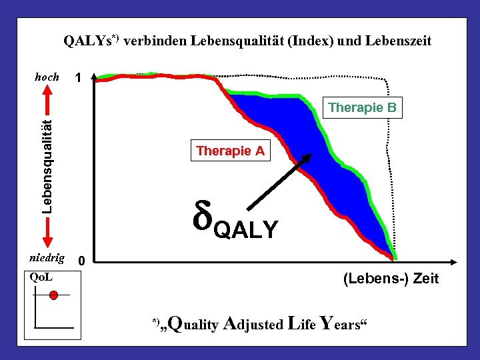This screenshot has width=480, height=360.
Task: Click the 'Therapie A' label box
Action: tap(230, 151)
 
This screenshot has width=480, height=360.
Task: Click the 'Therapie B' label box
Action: tap(363, 107)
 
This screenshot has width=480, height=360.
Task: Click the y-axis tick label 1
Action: tap(79, 79)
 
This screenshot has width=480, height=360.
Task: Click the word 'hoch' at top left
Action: tap(47, 77)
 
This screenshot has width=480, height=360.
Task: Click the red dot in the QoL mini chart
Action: tap(54, 295)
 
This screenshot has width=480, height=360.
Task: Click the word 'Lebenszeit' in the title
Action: tap(397, 41)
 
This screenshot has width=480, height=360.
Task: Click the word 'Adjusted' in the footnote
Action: tap(254, 324)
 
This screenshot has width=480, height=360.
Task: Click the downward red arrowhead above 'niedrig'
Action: tap(47, 238)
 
